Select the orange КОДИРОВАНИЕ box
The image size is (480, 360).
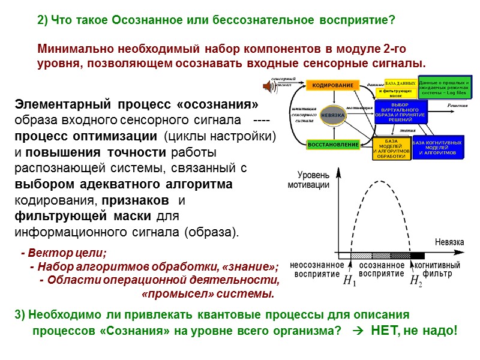tap(332, 86)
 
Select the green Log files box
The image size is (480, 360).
tap(445, 88)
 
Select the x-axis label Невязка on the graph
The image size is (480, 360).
tap(449, 242)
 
